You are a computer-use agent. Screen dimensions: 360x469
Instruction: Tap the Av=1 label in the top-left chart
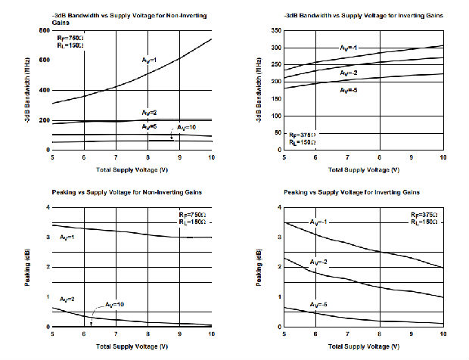pyautogui.click(x=149, y=60)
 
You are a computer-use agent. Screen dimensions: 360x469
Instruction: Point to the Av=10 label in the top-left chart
pyautogui.click(x=186, y=127)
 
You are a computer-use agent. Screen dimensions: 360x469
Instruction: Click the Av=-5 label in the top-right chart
pyautogui.click(x=349, y=90)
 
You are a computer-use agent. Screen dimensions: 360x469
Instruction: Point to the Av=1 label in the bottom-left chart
pyautogui.click(x=67, y=238)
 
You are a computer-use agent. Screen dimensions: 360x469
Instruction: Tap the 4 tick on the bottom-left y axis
pyautogui.click(x=47, y=206)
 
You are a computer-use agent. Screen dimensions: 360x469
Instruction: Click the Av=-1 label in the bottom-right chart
pyautogui.click(x=321, y=222)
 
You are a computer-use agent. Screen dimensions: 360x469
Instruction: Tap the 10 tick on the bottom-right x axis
pyautogui.click(x=443, y=334)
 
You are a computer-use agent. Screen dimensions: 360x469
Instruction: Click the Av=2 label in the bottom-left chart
pyautogui.click(x=68, y=299)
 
